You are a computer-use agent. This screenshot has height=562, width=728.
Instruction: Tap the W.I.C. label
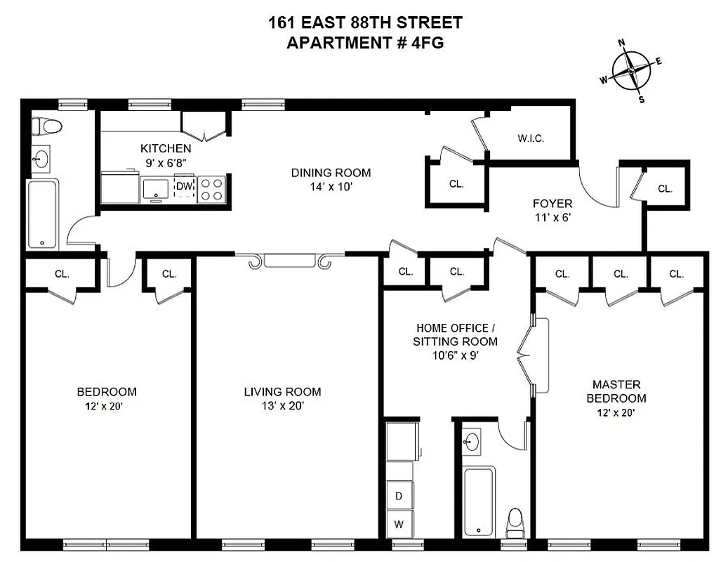point(531,138)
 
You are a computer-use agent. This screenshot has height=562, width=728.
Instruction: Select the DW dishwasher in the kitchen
point(184,187)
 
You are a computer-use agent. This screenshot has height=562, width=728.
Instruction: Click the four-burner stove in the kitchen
point(212,188)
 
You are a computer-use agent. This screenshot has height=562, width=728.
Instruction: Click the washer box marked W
point(399,523)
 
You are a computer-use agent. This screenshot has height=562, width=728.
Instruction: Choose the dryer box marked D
point(399,495)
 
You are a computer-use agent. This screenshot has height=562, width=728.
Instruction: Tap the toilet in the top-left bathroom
point(46,126)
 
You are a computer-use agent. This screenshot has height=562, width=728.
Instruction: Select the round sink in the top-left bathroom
point(42,158)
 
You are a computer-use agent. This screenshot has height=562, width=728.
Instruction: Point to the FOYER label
point(552,204)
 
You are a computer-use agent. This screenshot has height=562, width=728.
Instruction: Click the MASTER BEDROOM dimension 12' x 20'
point(616,412)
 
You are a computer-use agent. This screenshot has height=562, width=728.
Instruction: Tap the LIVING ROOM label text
point(282,391)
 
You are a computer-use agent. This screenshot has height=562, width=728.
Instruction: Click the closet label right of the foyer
point(665,188)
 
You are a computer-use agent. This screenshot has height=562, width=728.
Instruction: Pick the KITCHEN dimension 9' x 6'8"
point(165,162)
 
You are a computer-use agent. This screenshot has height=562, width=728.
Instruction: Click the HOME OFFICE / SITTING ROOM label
point(456,334)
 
